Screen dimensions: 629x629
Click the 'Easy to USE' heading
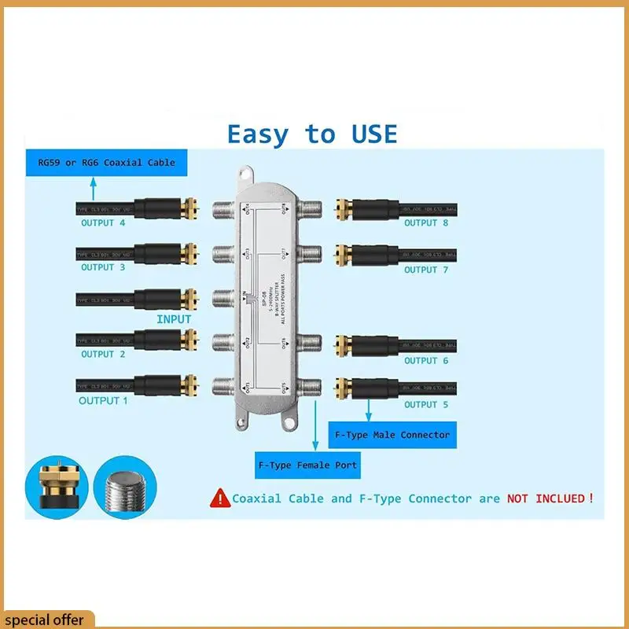(x=312, y=134)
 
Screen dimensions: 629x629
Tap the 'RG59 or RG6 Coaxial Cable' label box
(x=107, y=163)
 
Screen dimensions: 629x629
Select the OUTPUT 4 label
(x=102, y=223)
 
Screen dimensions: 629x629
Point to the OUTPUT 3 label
(x=102, y=267)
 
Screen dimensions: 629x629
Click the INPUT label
(x=174, y=319)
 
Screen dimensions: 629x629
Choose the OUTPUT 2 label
(x=102, y=355)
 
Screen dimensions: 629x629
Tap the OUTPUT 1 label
(x=102, y=400)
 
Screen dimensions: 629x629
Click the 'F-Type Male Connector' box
(x=392, y=435)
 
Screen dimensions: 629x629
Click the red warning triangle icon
(x=219, y=498)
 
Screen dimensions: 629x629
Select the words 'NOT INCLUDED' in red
(x=546, y=498)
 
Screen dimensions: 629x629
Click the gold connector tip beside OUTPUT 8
(x=343, y=209)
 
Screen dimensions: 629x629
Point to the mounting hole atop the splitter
(x=253, y=167)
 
